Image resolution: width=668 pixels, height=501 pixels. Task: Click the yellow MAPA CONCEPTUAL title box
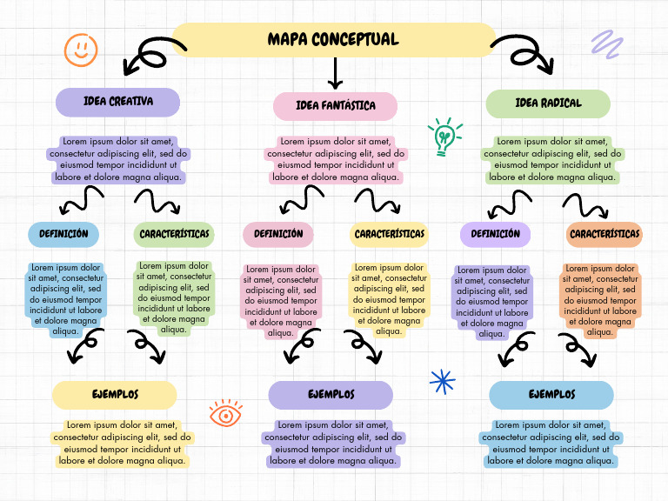coord(333,40)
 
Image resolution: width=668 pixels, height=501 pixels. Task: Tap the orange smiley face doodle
coord(81,49)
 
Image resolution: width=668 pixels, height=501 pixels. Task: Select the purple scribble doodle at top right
coord(606,44)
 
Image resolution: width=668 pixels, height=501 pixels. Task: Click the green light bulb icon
coord(444,137)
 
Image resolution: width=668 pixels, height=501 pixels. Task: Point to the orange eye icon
coord(226,414)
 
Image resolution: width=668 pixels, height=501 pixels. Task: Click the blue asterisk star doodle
coord(443,381)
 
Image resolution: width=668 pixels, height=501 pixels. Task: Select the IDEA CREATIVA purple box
coord(117,102)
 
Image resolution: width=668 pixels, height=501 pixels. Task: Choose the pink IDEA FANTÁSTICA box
coord(335,106)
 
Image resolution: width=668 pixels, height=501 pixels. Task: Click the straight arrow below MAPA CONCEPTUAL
coord(335,74)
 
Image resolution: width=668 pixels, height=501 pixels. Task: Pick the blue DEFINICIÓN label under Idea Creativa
coord(63,234)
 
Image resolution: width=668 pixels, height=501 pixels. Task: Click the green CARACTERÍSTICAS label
coord(174,234)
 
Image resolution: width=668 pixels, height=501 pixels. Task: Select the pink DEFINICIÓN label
coord(278,234)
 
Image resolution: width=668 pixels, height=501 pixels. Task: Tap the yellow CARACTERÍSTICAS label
coord(389,234)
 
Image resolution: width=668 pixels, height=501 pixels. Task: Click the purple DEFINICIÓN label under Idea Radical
coord(495,234)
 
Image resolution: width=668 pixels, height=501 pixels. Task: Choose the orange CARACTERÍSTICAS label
coord(605,234)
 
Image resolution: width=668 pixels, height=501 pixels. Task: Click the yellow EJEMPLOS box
coord(115,395)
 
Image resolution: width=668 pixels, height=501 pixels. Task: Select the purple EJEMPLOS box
coord(331,395)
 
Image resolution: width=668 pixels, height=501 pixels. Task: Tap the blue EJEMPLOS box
coord(551,395)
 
